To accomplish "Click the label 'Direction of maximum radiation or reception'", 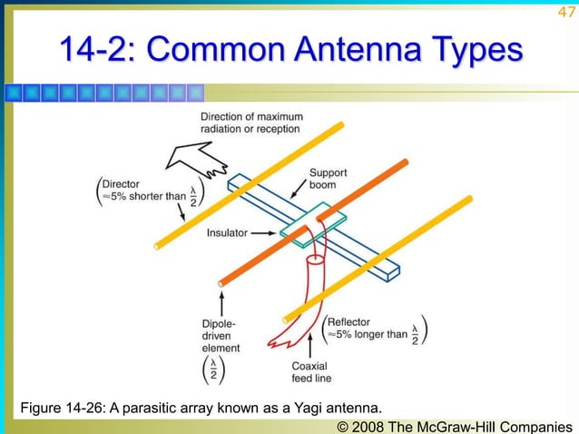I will tap(251, 123).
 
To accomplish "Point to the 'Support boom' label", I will tap(328, 178).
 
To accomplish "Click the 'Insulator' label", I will tap(227, 233).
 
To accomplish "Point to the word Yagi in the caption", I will tap(308, 405).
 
